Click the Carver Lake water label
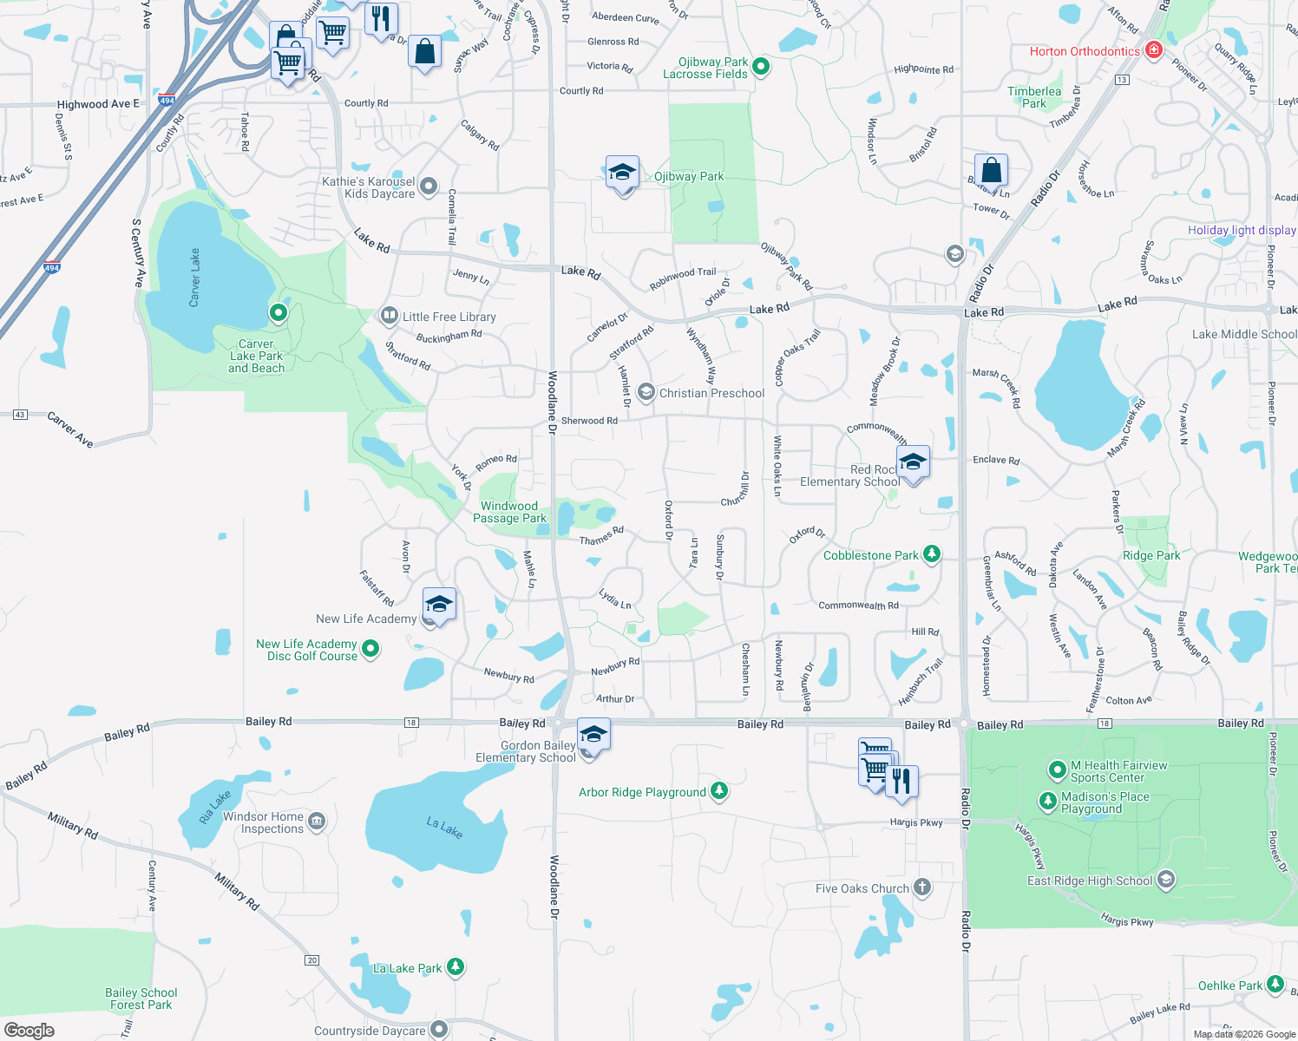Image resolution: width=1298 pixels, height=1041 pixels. [x=195, y=278]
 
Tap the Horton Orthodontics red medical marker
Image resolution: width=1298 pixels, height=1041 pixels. [x=1153, y=50]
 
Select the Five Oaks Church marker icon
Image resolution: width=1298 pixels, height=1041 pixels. [x=922, y=887]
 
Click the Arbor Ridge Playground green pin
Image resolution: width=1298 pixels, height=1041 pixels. [x=718, y=791]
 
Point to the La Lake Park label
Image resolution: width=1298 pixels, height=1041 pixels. [x=407, y=968]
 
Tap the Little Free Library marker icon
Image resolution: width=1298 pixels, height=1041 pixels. [x=390, y=316]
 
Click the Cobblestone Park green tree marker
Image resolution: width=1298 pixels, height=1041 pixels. [x=932, y=554]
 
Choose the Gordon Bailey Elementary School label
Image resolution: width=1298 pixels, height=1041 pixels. [x=526, y=751]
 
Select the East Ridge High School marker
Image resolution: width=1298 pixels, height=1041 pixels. [x=1165, y=881]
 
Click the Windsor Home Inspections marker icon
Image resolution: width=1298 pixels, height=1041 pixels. [x=317, y=821]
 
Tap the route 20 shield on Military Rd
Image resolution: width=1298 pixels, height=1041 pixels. [x=312, y=959]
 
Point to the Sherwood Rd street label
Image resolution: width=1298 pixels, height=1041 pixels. [x=589, y=421]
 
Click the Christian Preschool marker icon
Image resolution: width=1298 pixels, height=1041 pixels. [x=646, y=392]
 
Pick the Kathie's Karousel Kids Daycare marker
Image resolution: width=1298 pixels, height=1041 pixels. [x=429, y=187]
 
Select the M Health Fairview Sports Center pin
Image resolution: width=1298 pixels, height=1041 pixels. [x=1057, y=769]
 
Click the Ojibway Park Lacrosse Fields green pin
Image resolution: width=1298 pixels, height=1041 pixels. [x=761, y=67]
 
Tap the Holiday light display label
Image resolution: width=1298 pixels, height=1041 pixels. [x=1242, y=230]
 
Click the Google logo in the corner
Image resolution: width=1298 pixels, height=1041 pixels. [x=29, y=1030]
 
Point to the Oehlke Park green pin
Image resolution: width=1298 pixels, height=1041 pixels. [x=1275, y=985]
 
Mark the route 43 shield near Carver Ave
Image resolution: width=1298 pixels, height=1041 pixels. [x=20, y=415]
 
